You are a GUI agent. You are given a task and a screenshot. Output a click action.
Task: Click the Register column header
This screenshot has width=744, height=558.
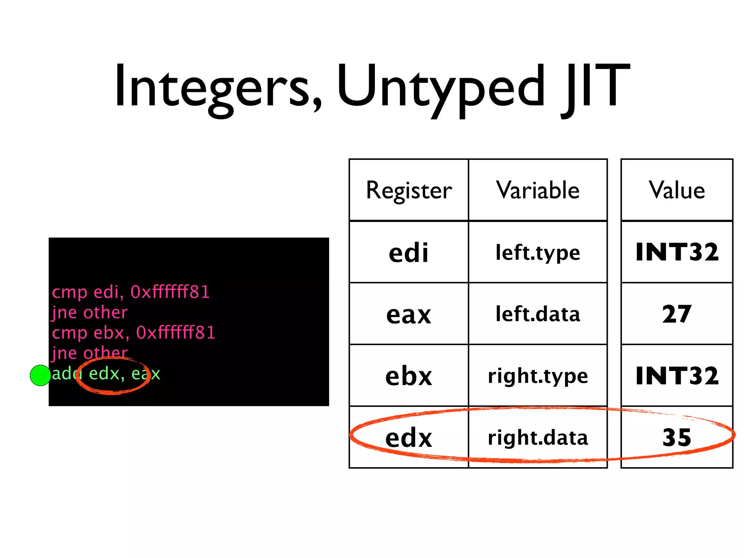pos(409,190)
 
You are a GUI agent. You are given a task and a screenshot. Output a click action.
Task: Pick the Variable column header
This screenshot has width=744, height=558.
pos(538,190)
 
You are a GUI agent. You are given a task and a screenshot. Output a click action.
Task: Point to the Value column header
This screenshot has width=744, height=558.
pos(677,190)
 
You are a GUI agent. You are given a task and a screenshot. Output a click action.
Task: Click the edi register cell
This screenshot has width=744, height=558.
pos(409,252)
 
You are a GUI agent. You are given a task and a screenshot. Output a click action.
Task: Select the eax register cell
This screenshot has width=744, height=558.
pos(409,314)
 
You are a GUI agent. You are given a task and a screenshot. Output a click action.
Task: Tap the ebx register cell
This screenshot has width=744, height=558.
pos(409,376)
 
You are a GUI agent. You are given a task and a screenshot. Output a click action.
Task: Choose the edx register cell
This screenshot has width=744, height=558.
pos(409,437)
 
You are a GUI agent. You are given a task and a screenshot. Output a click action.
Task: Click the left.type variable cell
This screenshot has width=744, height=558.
pos(538,252)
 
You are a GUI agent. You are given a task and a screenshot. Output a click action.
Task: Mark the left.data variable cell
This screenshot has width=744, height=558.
pos(538,314)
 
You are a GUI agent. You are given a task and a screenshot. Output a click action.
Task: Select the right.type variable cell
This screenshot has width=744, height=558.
pos(538,376)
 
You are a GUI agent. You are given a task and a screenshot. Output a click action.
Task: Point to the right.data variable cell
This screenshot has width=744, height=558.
pos(538,437)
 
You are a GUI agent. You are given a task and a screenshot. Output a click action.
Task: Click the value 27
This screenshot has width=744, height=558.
pos(677,314)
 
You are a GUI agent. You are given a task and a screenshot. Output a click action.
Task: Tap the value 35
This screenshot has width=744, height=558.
pos(677,437)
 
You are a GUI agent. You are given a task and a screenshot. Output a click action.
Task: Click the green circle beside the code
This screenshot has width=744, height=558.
pos(40,375)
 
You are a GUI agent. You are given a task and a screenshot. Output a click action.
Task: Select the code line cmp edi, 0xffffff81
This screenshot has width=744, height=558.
pos(131,292)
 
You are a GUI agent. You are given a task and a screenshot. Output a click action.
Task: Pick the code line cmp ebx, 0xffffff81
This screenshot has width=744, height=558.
pos(133,332)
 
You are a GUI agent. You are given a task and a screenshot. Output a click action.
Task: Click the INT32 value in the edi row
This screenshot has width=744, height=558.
pos(677,252)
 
